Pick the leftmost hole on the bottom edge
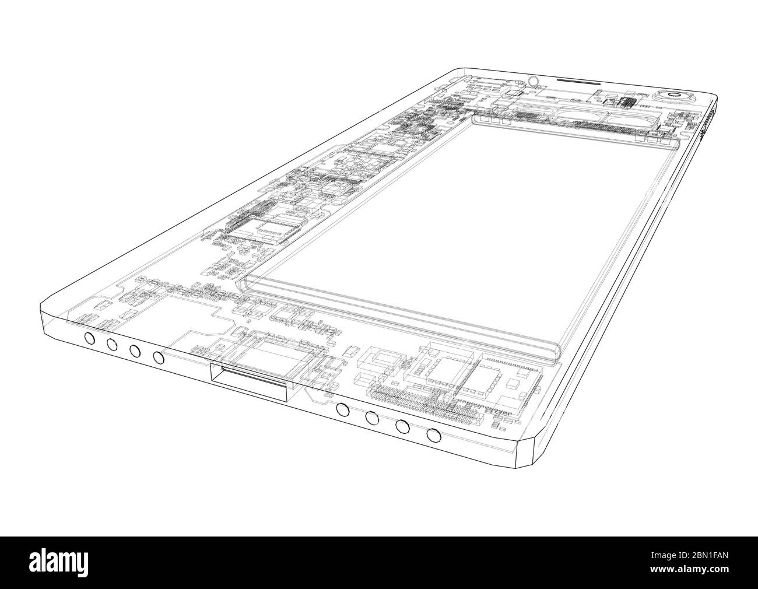click(x=89, y=338)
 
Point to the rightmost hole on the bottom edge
click(x=433, y=434)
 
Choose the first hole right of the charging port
click(x=343, y=409)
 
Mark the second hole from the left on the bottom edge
click(x=111, y=344)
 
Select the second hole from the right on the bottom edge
click(x=402, y=426)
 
